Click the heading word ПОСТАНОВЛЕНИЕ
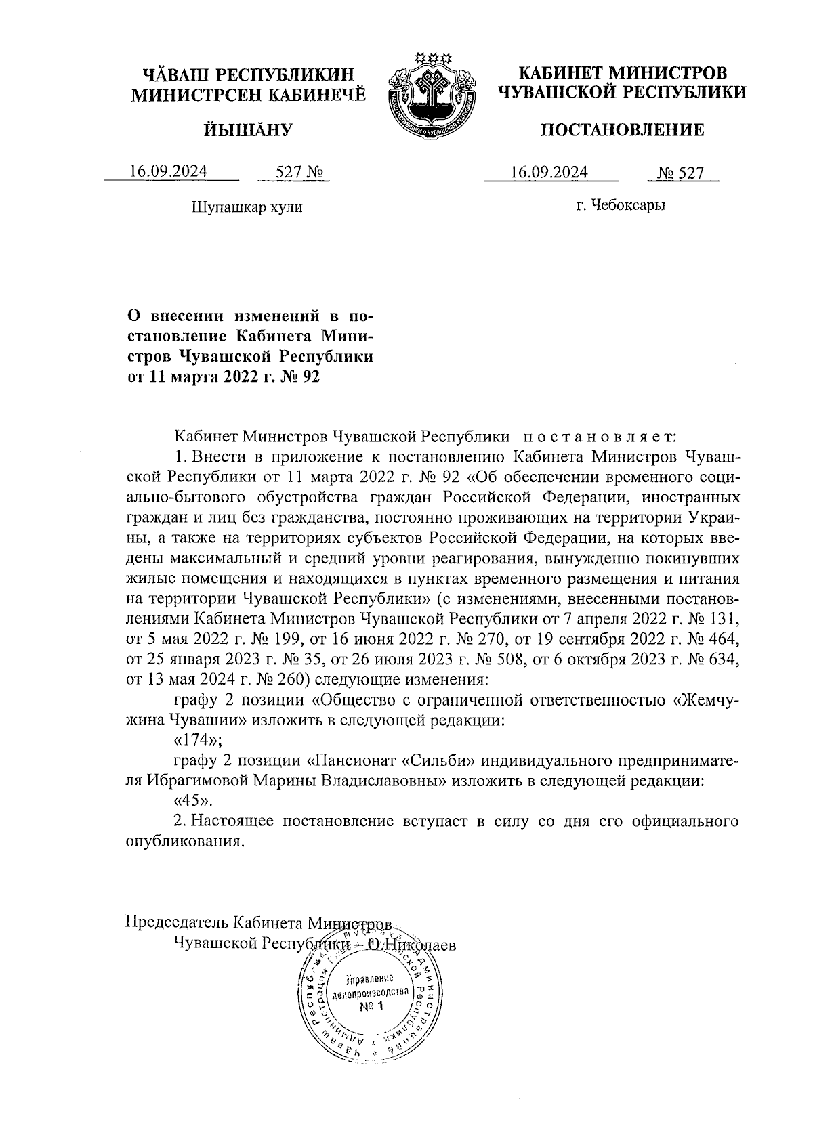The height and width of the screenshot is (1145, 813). click(621, 130)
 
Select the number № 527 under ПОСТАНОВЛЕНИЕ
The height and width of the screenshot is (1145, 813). click(682, 173)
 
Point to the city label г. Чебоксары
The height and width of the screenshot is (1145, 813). click(621, 205)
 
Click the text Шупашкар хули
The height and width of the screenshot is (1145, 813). click(247, 207)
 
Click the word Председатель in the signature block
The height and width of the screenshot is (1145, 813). click(177, 922)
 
